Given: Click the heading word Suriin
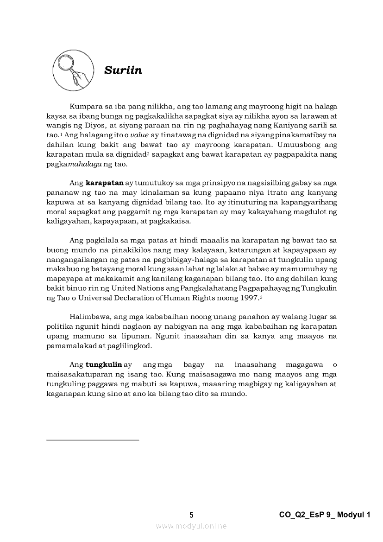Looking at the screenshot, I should pos(123,70).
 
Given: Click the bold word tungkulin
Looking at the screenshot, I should pos(104,364).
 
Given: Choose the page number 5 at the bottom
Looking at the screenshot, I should pos(191,515).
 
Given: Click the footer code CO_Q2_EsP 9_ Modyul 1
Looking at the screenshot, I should pos(325,515).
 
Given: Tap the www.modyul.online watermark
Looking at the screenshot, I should pos(191,526).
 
